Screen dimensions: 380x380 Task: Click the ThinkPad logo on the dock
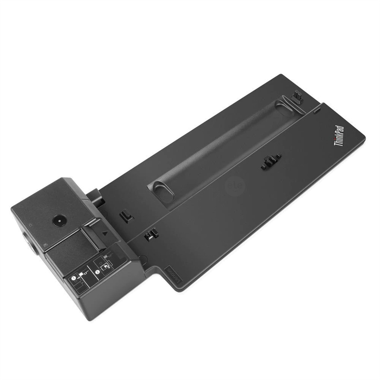pos(338,136)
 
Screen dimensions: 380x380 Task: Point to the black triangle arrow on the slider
pos(105,233)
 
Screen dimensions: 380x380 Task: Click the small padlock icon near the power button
pos(31,224)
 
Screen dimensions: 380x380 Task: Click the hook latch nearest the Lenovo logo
pos(151,235)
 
